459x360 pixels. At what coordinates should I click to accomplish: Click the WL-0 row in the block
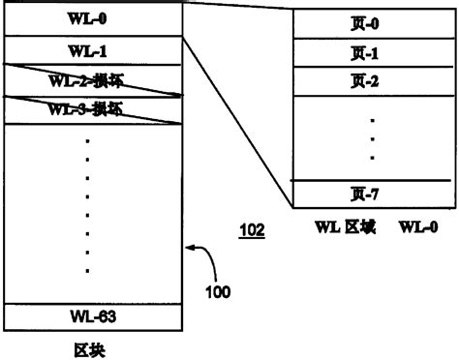92,18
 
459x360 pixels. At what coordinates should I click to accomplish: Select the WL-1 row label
92,49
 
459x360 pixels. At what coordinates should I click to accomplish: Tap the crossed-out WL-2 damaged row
92,81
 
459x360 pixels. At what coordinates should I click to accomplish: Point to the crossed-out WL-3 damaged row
92,109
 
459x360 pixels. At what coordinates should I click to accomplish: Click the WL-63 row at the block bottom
92,316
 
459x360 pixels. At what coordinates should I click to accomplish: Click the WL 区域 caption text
344,228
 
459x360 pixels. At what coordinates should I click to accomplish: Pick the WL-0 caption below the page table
417,228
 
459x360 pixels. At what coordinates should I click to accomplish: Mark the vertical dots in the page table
374,137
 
